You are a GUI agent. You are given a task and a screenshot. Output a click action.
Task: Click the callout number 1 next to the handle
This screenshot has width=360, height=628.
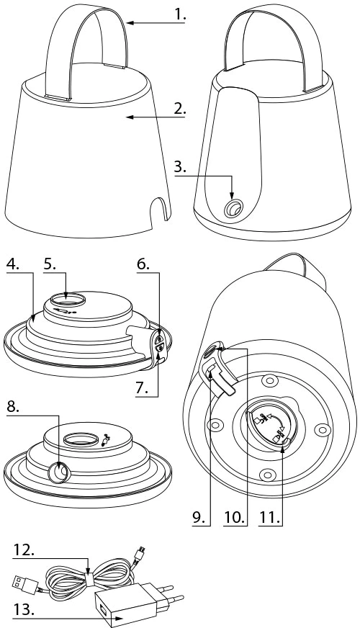tap(180, 14)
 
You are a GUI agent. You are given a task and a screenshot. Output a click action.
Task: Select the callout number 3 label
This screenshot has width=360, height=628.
tap(180, 166)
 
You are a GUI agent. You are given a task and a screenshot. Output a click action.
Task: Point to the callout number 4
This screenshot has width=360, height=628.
tap(13, 265)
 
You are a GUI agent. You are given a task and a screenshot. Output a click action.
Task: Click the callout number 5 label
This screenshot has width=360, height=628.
tap(50, 265)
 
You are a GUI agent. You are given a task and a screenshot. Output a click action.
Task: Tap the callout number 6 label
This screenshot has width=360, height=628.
tap(143, 265)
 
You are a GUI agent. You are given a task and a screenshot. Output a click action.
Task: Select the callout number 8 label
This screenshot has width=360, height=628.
tap(13, 406)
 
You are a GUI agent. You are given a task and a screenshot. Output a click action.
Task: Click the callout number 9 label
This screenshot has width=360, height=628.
tap(199, 517)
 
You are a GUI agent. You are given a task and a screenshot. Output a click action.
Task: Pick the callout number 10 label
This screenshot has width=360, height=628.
tap(234, 517)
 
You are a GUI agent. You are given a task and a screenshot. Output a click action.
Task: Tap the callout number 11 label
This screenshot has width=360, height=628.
tap(269, 517)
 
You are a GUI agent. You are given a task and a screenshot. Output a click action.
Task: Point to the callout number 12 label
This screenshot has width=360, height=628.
tap(24, 550)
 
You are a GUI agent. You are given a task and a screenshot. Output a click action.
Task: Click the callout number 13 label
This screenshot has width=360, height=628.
tap(24, 610)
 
